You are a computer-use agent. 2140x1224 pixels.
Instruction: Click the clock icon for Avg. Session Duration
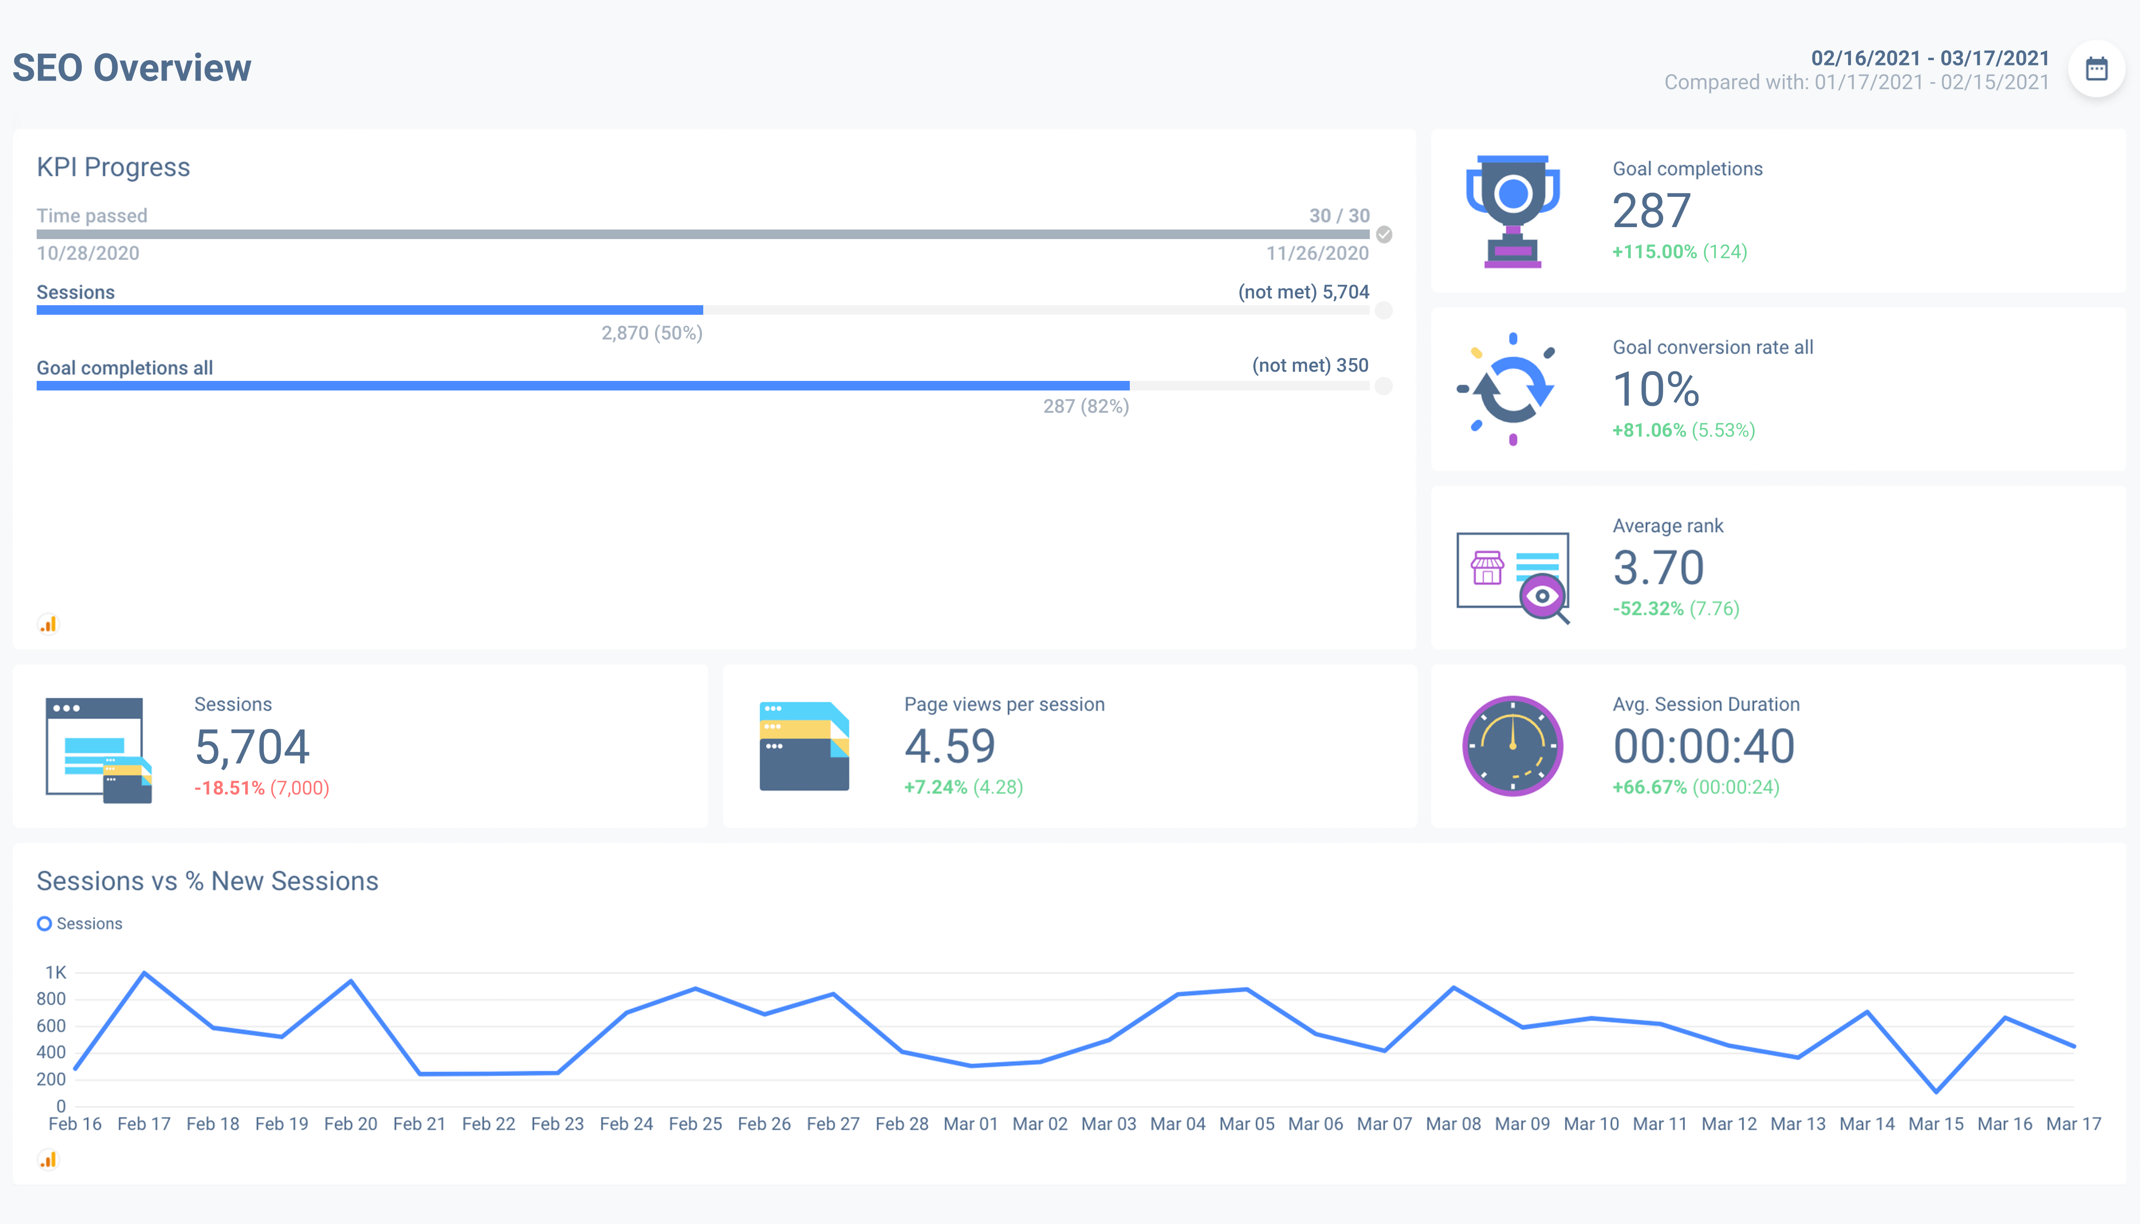1513,745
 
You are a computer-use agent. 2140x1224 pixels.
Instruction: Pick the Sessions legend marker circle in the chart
45,924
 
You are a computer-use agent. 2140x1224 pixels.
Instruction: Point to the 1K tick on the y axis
55,973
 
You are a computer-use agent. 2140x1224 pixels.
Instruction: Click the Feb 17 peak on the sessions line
145,973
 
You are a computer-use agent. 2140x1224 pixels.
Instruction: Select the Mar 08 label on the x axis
1454,1124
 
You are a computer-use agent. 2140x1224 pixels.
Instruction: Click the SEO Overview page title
132,68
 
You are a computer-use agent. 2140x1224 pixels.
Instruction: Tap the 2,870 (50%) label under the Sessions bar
652,333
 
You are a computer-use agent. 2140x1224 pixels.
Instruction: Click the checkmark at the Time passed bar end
1384,235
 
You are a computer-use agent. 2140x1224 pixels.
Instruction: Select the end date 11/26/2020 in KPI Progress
1318,253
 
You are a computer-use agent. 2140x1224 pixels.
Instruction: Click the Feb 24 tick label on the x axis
626,1124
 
